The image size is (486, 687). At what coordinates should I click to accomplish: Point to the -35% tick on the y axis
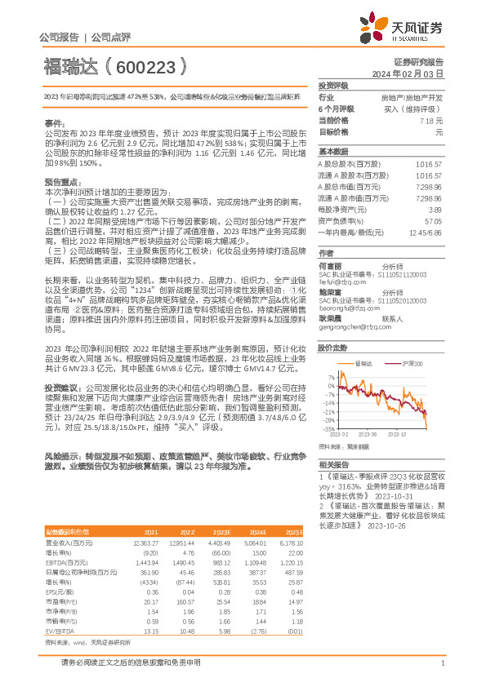tap(328, 428)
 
